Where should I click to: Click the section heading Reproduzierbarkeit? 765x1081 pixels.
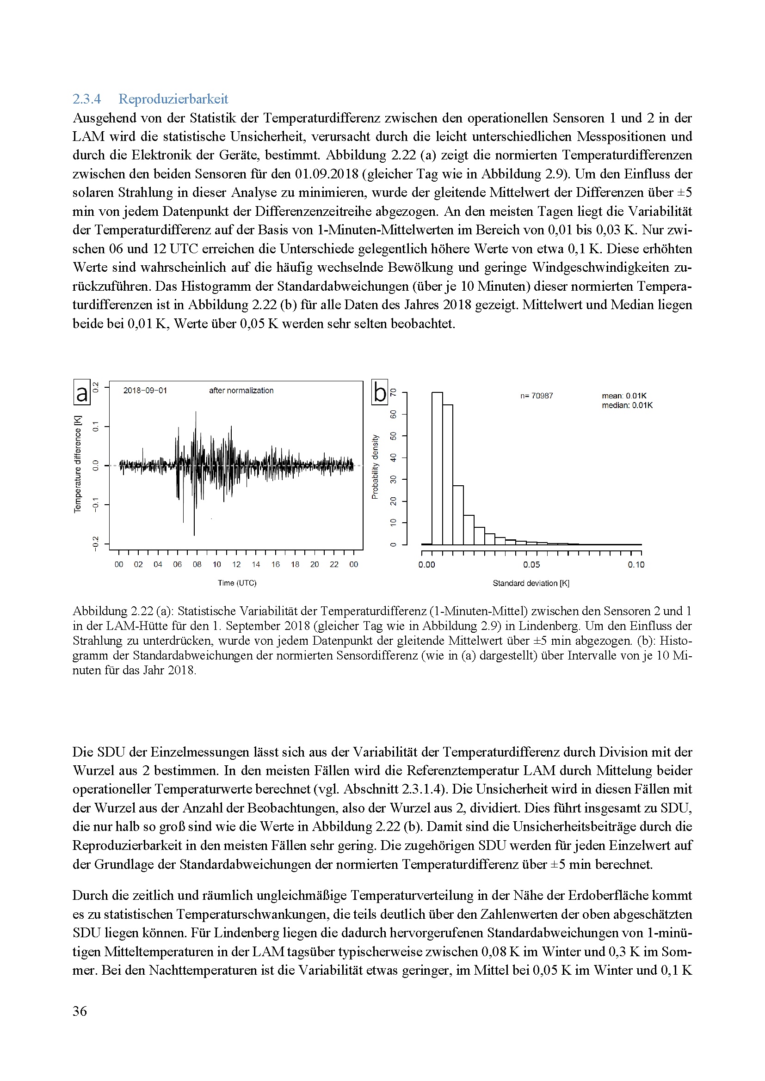pyautogui.click(x=173, y=99)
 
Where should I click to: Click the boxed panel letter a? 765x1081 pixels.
pyautogui.click(x=82, y=392)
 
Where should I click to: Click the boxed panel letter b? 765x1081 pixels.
pyautogui.click(x=380, y=392)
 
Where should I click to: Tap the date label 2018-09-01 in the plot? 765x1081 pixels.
pyautogui.click(x=145, y=391)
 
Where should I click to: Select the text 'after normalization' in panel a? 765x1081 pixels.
pyautogui.click(x=241, y=391)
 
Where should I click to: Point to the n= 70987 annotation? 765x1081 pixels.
pyautogui.click(x=537, y=396)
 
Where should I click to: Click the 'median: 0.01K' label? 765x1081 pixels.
pyautogui.click(x=627, y=405)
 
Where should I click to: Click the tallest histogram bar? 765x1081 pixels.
pyautogui.click(x=437, y=469)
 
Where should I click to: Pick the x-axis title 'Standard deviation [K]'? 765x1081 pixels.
pyautogui.click(x=531, y=583)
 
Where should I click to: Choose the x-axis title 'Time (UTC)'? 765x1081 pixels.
pyautogui.click(x=237, y=583)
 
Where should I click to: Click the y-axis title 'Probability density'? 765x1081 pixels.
pyautogui.click(x=375, y=467)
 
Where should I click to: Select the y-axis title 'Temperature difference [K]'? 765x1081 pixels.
pyautogui.click(x=78, y=464)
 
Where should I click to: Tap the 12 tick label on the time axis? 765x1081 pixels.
pyautogui.click(x=236, y=564)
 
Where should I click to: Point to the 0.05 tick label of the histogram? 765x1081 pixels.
pyautogui.click(x=531, y=565)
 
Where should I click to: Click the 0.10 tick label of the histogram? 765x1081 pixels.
pyautogui.click(x=636, y=565)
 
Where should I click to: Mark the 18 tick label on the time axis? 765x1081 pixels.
pyautogui.click(x=295, y=564)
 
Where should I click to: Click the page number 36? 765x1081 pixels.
pyautogui.click(x=80, y=1011)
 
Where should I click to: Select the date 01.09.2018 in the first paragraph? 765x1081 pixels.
pyautogui.click(x=327, y=174)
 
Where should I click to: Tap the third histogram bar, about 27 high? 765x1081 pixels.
pyautogui.click(x=458, y=515)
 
